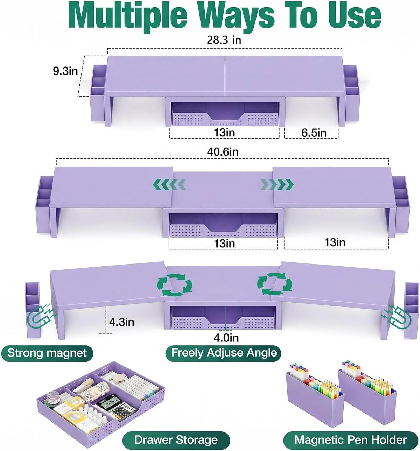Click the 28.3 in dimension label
point(224,40)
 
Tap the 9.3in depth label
point(65,71)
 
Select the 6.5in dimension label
point(314,133)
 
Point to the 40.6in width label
point(223,152)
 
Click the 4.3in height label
point(122,322)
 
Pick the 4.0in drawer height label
point(226,338)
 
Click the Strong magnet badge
point(47,353)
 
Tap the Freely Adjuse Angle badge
point(223,353)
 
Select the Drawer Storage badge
point(176,440)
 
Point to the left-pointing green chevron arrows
point(169,184)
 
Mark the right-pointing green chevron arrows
point(277,184)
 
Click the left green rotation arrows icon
point(175,285)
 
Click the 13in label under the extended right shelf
point(335,242)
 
